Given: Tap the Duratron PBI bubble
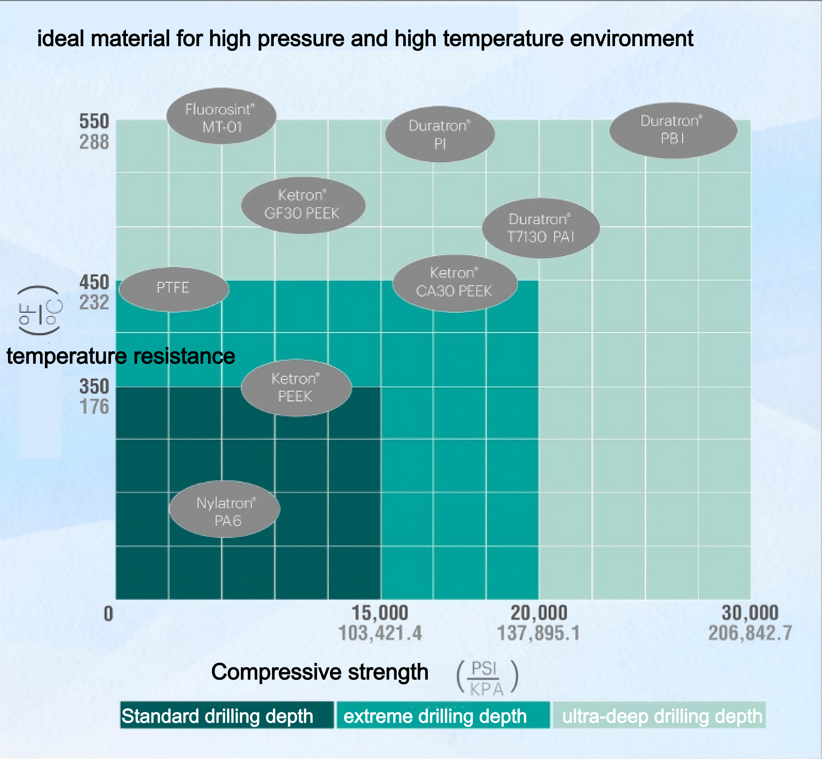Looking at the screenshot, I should click(x=673, y=130).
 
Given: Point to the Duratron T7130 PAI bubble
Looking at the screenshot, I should click(x=540, y=228).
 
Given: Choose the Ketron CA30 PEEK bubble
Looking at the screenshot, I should click(x=454, y=283).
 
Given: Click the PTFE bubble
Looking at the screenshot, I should click(x=173, y=288).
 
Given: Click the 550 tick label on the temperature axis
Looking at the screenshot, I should click(x=94, y=122).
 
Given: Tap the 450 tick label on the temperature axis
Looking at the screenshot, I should click(x=94, y=283).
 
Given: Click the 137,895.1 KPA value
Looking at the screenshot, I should click(x=538, y=633).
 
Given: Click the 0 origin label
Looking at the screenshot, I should click(x=108, y=614).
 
